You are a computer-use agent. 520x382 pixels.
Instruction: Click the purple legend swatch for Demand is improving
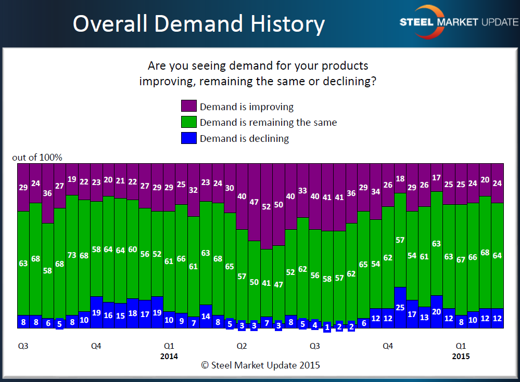[188, 106]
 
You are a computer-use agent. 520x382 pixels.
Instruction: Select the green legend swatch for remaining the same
[188, 122]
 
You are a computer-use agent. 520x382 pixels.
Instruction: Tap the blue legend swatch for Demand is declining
[188, 138]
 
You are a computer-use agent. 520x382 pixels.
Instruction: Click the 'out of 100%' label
[37, 157]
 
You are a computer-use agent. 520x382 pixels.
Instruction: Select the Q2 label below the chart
[242, 345]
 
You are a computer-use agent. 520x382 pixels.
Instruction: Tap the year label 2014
[169, 356]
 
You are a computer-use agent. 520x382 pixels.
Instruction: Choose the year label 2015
[461, 356]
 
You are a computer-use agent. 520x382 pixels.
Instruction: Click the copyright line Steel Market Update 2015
[260, 365]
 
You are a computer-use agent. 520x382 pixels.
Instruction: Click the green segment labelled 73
[72, 255]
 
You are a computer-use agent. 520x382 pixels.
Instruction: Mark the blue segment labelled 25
[400, 307]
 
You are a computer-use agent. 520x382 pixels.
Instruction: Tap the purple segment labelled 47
[254, 202]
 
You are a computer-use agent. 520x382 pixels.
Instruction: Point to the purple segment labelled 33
[302, 190]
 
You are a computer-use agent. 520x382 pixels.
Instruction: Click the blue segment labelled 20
[436, 311]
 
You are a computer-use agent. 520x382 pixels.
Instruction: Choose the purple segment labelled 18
[400, 178]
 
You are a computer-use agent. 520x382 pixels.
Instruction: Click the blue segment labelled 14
[206, 316]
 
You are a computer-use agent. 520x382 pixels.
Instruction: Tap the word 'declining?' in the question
[350, 82]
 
